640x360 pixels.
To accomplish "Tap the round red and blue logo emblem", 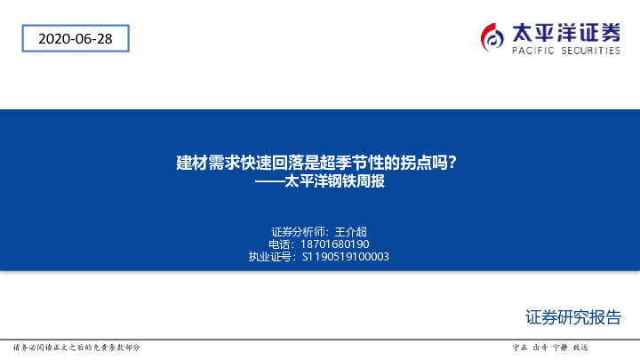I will (492, 36).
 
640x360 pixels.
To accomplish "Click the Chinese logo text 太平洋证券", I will (565, 32).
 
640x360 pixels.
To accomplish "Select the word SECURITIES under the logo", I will (589, 52).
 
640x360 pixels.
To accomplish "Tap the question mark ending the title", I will (452, 163).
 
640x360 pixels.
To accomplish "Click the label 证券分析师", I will (299, 230).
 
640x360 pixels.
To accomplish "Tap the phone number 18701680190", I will (335, 244).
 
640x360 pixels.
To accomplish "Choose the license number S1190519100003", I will (346, 257).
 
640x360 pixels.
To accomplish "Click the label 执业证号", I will (270, 257).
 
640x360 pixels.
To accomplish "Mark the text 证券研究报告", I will (572, 317).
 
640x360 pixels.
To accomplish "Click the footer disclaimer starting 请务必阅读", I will (76, 347).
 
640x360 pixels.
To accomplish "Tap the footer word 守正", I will (520, 347).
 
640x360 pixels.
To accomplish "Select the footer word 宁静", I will (559, 347).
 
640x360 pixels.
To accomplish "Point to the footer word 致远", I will (580, 347).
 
